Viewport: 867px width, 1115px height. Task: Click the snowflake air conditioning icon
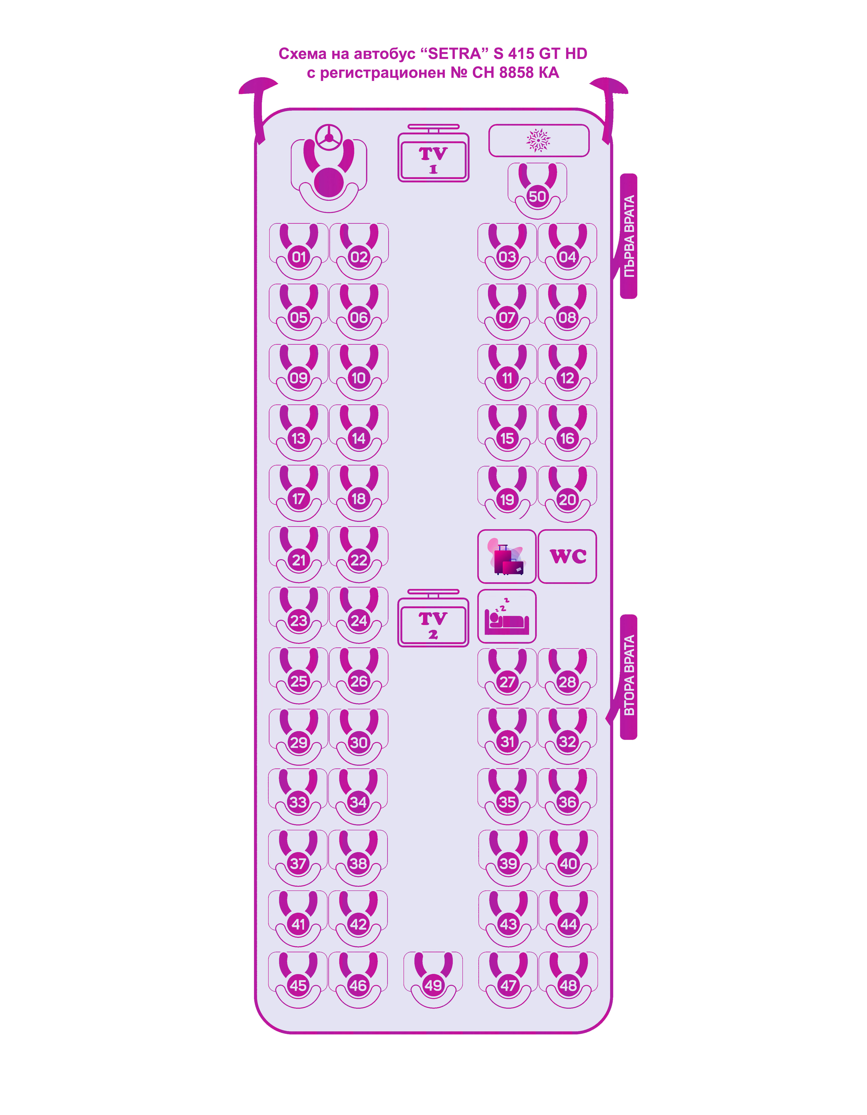[538, 140]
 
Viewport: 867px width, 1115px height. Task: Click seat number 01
[299, 257]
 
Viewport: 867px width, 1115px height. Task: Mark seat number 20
[567, 499]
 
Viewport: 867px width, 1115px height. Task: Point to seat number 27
[507, 682]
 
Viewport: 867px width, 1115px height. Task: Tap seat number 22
[359, 560]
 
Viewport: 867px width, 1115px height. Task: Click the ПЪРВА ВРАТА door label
[629, 236]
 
